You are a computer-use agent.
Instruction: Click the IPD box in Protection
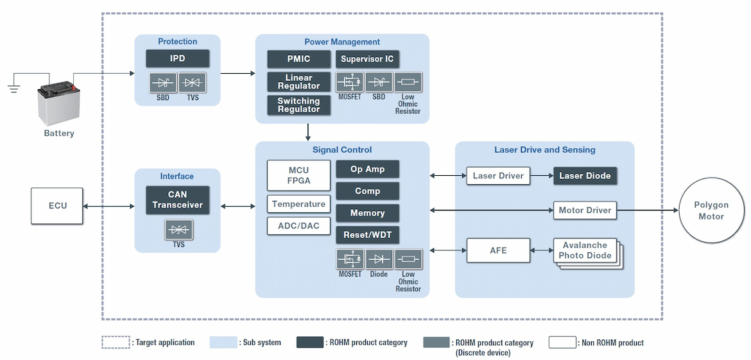177,58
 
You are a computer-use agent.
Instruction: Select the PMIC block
298,59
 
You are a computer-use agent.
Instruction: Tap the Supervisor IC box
367,59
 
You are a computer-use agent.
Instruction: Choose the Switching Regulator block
298,105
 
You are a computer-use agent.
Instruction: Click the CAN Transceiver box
177,200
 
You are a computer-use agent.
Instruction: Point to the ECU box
57,206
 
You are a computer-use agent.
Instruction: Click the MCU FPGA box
298,175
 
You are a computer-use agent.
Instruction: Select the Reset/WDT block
367,235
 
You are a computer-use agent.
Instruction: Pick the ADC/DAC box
298,226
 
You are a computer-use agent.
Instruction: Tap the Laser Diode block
585,176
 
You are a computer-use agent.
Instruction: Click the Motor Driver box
585,210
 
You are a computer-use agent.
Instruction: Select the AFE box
498,250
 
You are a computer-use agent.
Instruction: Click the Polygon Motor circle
711,210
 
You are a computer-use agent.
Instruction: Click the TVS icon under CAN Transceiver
178,230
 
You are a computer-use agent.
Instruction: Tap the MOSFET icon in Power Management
350,82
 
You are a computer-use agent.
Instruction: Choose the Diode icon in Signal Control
379,259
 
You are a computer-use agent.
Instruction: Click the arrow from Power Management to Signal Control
309,132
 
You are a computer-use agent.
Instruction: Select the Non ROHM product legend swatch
562,342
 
